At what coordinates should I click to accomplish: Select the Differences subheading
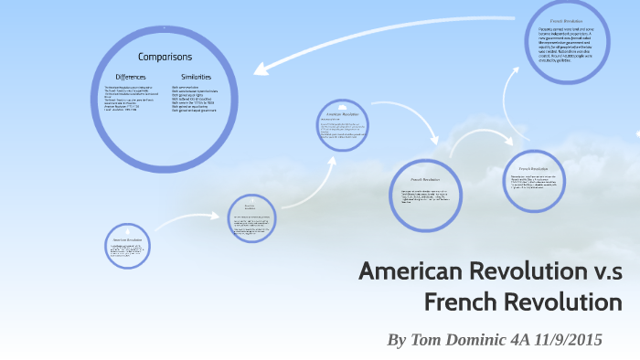coord(130,76)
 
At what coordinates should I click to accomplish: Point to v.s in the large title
coord(604,271)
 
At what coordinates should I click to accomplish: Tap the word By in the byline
coord(397,340)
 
